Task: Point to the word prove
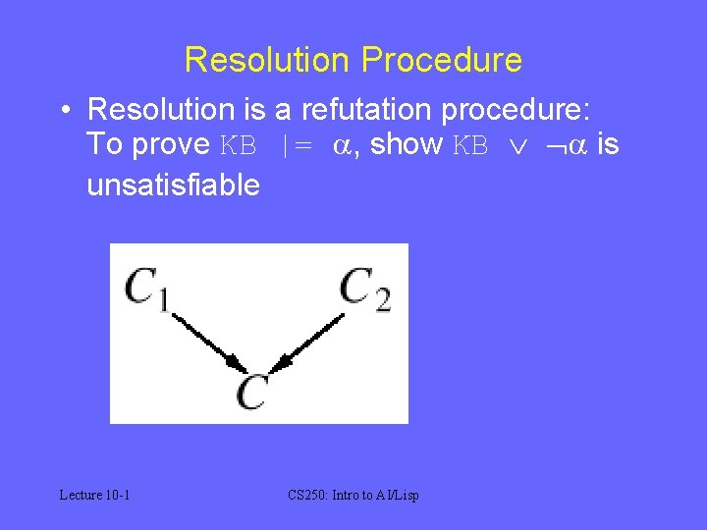(x=173, y=144)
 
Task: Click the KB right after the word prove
(x=239, y=145)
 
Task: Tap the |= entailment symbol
(x=297, y=145)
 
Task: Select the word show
(x=408, y=144)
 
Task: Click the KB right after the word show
(x=470, y=145)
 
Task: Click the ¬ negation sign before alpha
(x=556, y=146)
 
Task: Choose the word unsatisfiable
(x=174, y=184)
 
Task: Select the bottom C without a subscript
(x=252, y=392)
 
